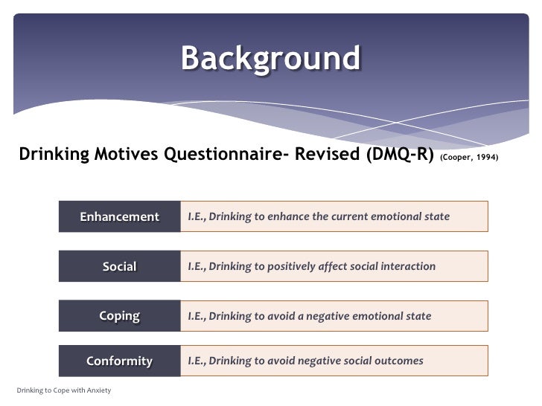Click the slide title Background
(x=271, y=59)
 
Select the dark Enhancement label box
(x=120, y=216)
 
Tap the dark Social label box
(x=120, y=266)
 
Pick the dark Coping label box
(x=120, y=316)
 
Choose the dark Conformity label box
(x=120, y=361)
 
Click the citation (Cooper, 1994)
(x=469, y=158)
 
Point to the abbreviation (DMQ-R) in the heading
(x=400, y=155)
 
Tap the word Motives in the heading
(x=126, y=154)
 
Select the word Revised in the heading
(x=327, y=154)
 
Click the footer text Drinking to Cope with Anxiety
(x=64, y=390)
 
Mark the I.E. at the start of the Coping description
(x=197, y=316)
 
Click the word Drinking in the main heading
(x=54, y=155)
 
